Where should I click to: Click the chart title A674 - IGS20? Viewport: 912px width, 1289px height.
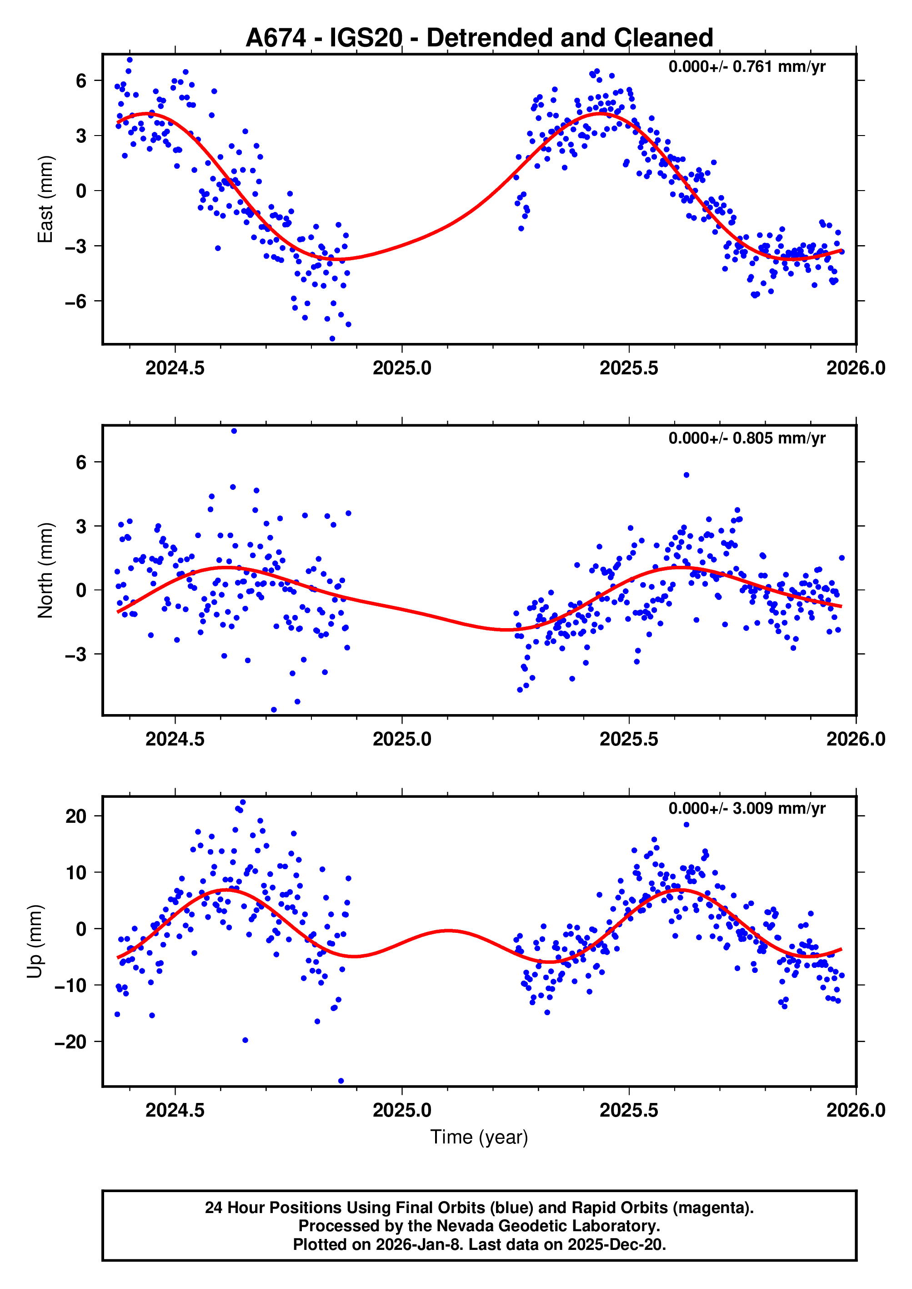pyautogui.click(x=479, y=38)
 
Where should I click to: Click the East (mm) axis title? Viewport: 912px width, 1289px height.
pyautogui.click(x=45, y=199)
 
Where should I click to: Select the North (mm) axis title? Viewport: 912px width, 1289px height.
pyautogui.click(x=45, y=571)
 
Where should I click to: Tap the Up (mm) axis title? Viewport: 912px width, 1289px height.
pyautogui.click(x=35, y=942)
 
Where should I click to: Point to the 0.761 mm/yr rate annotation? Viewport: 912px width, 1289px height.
pyautogui.click(x=747, y=67)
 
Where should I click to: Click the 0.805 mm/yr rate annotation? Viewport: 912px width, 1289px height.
pyautogui.click(x=747, y=438)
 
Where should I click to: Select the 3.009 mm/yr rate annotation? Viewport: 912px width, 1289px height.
pyautogui.click(x=747, y=809)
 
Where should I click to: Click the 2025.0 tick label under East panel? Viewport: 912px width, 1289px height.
pyautogui.click(x=402, y=368)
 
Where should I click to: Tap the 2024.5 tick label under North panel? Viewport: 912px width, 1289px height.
pyautogui.click(x=175, y=739)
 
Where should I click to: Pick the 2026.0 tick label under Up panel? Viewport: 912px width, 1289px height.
pyautogui.click(x=855, y=1110)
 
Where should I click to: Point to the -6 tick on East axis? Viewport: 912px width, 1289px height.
pyautogui.click(x=75, y=302)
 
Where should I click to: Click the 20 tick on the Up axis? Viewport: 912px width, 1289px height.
pyautogui.click(x=76, y=816)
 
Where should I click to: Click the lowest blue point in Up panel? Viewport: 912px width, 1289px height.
pyautogui.click(x=341, y=1081)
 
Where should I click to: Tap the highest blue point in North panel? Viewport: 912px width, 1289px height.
pyautogui.click(x=234, y=431)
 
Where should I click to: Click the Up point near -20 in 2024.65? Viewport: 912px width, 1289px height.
pyautogui.click(x=245, y=1040)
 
